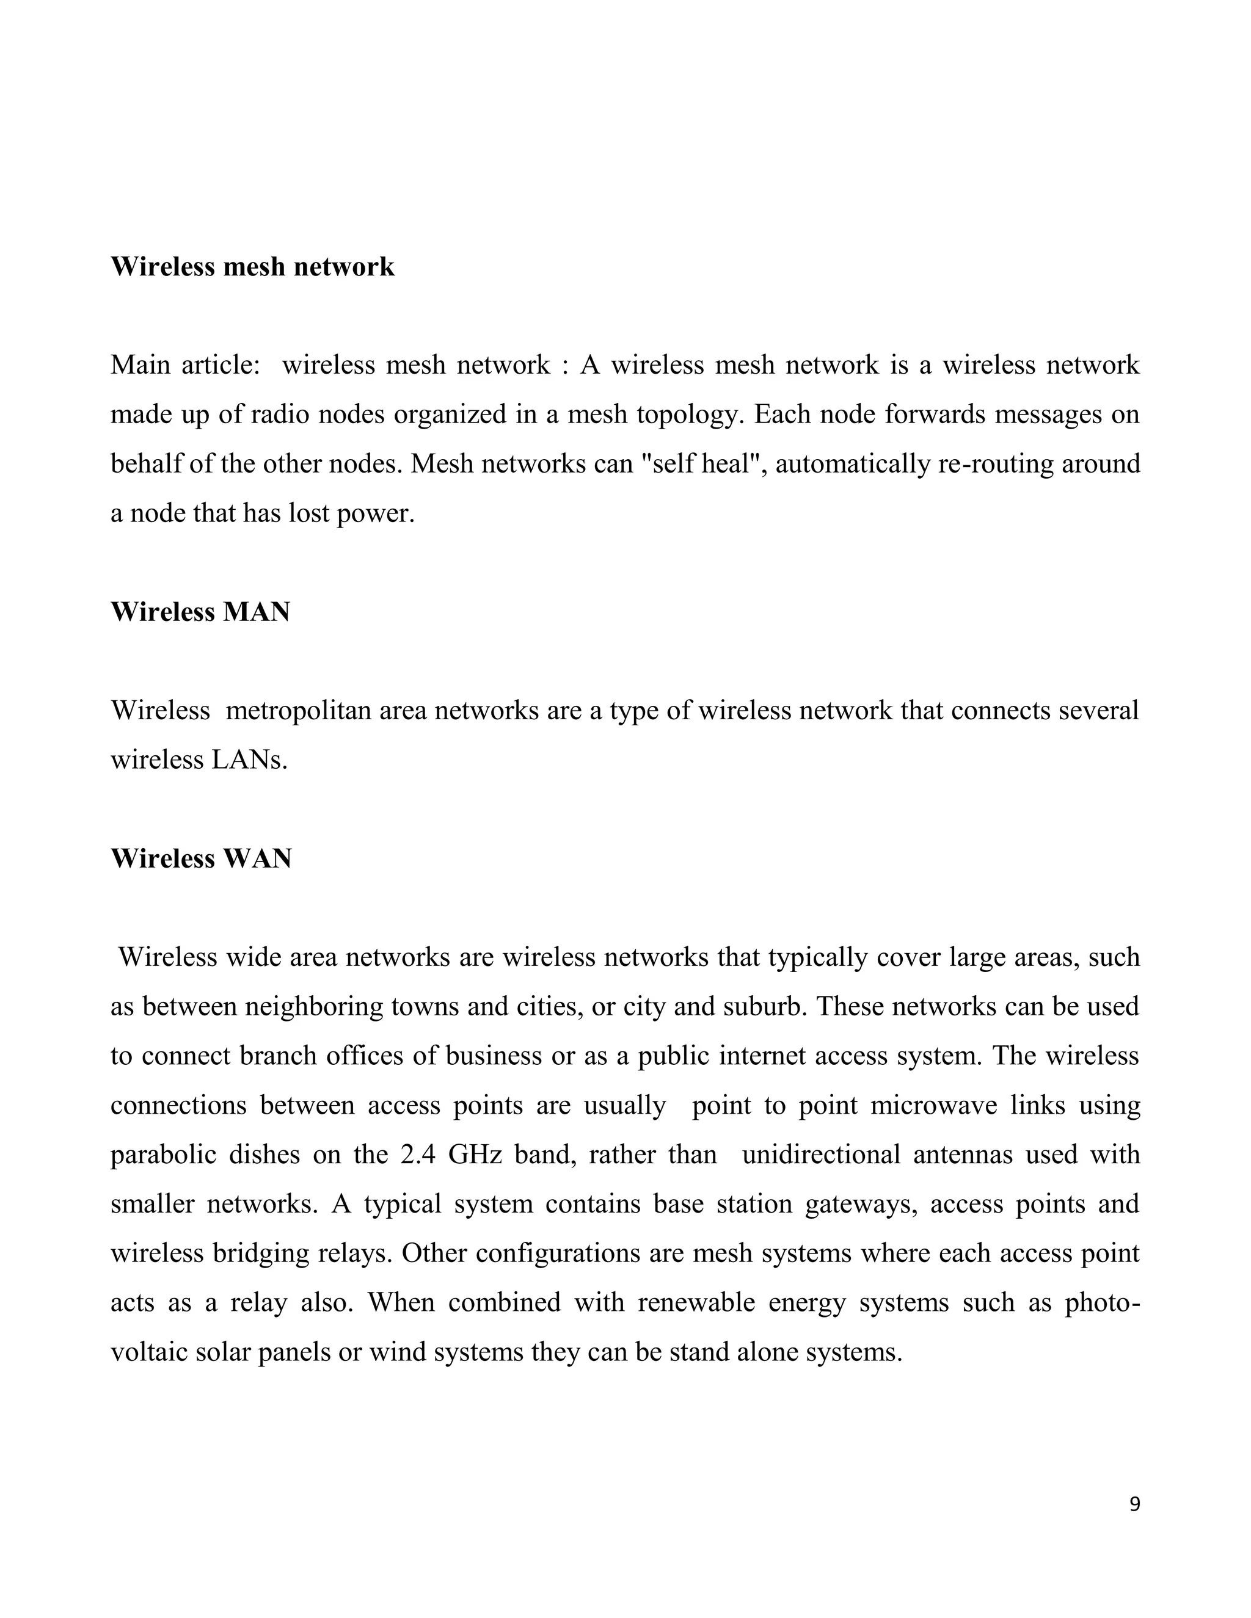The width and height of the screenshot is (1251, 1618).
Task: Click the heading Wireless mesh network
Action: [x=252, y=267]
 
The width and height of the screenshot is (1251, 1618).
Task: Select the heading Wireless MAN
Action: [x=200, y=612]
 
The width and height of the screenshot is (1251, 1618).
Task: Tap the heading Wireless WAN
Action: [x=201, y=858]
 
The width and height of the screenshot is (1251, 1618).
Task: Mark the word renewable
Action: [x=696, y=1303]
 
